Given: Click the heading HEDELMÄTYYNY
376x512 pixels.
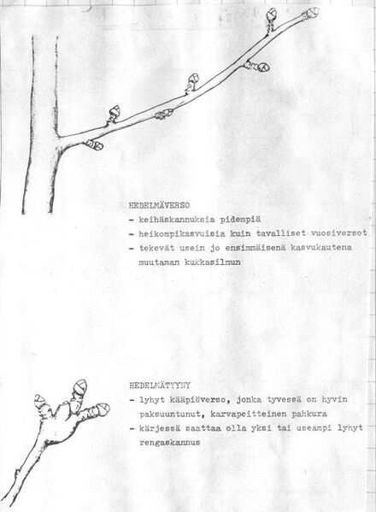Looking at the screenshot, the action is [x=159, y=385].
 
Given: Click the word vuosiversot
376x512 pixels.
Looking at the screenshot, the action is [x=338, y=233].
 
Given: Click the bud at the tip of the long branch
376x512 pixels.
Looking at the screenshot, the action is [x=311, y=13].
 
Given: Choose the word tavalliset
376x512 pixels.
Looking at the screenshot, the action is [x=284, y=233].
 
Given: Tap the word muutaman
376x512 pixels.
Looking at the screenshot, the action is [x=152, y=262].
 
